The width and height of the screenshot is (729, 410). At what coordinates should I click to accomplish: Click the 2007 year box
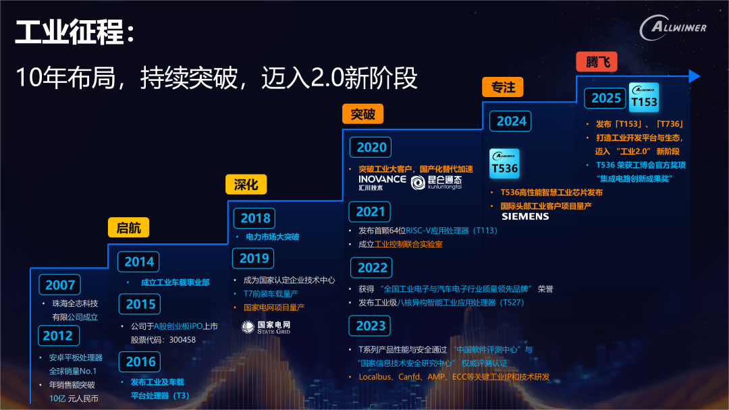pyautogui.click(x=60, y=285)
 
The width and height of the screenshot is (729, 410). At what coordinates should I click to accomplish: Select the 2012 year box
pyautogui.click(x=59, y=336)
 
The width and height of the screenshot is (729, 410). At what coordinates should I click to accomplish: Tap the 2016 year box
pyautogui.click(x=140, y=361)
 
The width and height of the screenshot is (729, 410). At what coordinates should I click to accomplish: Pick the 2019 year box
pyautogui.click(x=253, y=258)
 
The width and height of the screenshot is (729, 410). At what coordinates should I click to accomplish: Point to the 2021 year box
pyautogui.click(x=370, y=212)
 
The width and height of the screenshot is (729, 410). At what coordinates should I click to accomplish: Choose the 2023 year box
pyautogui.click(x=370, y=326)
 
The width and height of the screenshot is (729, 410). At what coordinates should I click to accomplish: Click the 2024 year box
pyautogui.click(x=510, y=121)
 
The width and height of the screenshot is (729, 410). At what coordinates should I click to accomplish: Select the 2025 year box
pyautogui.click(x=605, y=98)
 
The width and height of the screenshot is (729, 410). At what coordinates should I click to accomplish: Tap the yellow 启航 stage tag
pyautogui.click(x=128, y=227)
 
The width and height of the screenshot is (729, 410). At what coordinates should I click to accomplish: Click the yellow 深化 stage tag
pyautogui.click(x=246, y=184)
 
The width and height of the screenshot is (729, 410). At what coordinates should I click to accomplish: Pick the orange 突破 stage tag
pyautogui.click(x=363, y=114)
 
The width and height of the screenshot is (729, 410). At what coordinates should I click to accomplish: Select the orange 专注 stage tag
pyautogui.click(x=503, y=87)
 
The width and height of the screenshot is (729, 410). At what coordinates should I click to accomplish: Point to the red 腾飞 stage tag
pyautogui.click(x=597, y=61)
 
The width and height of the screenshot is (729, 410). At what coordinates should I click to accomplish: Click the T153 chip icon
pyautogui.click(x=644, y=98)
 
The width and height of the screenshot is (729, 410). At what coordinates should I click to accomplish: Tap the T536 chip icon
pyautogui.click(x=504, y=163)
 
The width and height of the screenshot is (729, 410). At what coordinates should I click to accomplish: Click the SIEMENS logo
pyautogui.click(x=525, y=216)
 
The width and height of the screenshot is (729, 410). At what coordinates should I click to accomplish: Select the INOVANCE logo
pyautogui.click(x=382, y=182)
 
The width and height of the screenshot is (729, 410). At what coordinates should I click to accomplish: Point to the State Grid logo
pyautogui.click(x=266, y=327)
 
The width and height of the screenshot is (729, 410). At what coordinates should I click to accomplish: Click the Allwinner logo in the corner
pyautogui.click(x=673, y=28)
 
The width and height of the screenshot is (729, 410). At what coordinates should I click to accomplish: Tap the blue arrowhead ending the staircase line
pyautogui.click(x=694, y=76)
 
